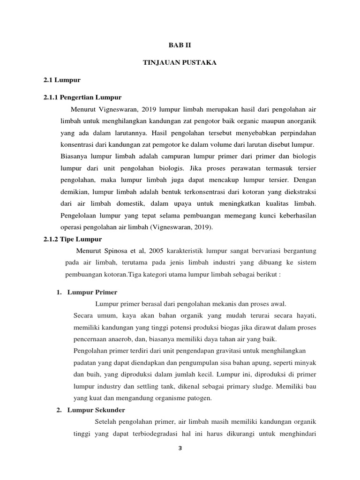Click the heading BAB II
coord(180,45)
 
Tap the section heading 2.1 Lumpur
coord(62,81)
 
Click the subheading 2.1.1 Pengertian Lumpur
coord(82,97)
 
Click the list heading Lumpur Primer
coord(92,292)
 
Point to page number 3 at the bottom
coord(180,448)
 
